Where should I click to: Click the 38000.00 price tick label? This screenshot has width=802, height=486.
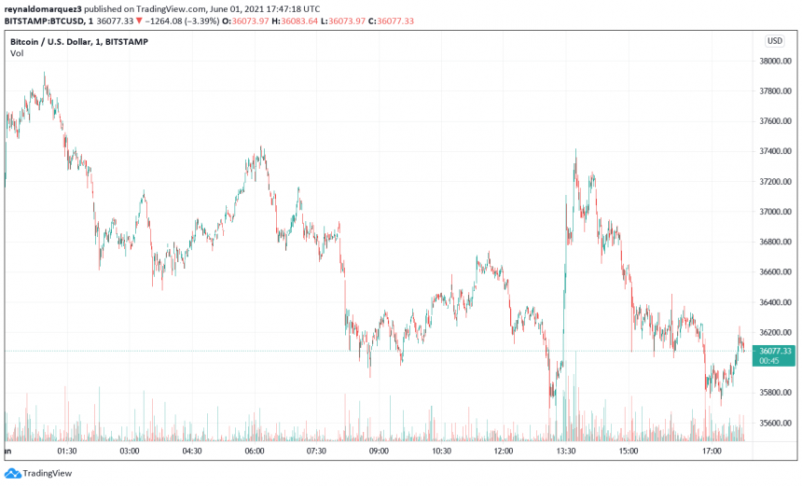pos(776,61)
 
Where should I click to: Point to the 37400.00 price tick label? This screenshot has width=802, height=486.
pos(776,151)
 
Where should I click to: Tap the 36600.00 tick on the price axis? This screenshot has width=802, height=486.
pos(776,272)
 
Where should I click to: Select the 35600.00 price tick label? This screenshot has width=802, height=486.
pos(776,424)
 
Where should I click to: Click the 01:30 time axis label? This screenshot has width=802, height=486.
pos(66,451)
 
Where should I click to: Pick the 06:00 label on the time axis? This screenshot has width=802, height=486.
pos(254,451)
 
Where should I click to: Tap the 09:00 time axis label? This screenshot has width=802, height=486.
pos(379,451)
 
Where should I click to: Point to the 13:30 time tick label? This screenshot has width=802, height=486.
pos(566,451)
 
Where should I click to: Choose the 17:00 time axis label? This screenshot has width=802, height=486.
pos(712,451)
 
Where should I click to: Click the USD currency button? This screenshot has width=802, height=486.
pos(775,41)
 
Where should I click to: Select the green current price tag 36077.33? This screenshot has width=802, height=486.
pos(775,351)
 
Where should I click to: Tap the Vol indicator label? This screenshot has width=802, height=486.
pos(17,54)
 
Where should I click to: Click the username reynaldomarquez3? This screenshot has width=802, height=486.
pos(44,8)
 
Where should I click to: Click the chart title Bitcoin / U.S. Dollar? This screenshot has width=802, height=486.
pos(51,42)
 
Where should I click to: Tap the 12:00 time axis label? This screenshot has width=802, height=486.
pos(504,451)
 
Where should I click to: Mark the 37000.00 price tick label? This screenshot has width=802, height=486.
pos(776,212)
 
